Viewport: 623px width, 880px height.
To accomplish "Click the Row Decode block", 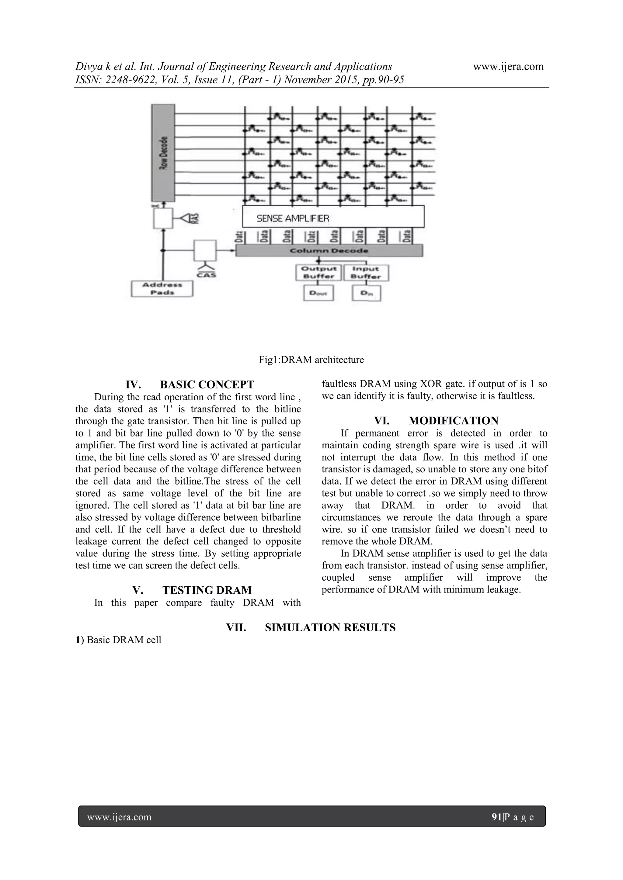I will [x=163, y=153].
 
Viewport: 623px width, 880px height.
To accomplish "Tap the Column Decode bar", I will [x=329, y=251].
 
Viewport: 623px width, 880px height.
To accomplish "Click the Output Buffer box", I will [x=318, y=272].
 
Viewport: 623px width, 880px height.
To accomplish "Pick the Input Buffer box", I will [x=366, y=272].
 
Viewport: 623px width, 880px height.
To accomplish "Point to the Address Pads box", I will [x=162, y=288].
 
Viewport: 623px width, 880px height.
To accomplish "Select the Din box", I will [x=366, y=294].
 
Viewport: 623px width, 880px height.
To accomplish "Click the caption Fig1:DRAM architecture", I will [x=311, y=360].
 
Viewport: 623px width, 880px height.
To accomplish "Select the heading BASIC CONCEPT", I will [x=207, y=385].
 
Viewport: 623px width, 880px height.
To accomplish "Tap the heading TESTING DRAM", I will [x=207, y=590].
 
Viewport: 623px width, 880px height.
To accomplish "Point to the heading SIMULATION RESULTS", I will [x=330, y=627].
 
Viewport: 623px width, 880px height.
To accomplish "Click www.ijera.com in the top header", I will [x=508, y=66].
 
